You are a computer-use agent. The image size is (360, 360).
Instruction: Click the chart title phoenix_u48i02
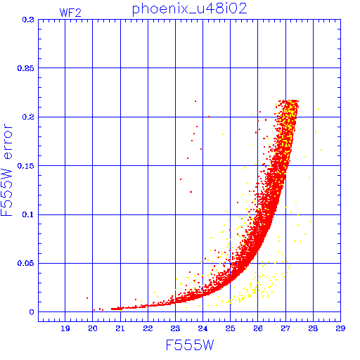tap(190, 9)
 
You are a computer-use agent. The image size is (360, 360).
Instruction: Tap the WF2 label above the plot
tap(70, 13)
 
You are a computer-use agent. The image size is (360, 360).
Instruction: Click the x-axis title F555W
tap(190, 345)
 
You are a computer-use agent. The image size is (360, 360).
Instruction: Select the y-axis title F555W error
tap(6, 170)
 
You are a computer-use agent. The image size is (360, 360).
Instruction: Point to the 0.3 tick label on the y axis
tap(28, 20)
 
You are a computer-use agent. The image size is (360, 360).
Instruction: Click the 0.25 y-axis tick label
tap(26, 68)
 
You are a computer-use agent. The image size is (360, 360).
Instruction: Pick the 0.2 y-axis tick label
tap(28, 117)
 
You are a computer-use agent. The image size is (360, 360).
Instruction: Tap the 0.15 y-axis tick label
tap(26, 166)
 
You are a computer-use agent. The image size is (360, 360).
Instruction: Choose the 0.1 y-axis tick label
tap(28, 214)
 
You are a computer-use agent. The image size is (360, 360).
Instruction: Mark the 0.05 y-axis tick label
tap(26, 263)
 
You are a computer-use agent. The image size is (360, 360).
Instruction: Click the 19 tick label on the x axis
tap(65, 328)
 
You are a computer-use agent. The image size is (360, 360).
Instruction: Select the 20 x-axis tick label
tap(93, 328)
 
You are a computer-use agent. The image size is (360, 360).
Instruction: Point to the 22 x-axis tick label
tap(148, 328)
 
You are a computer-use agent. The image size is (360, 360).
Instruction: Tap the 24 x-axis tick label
tap(202, 328)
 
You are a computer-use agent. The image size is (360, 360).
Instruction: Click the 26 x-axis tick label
tap(258, 328)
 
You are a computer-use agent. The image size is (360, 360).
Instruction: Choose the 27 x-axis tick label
tap(285, 328)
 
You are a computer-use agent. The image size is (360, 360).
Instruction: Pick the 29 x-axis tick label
tap(340, 328)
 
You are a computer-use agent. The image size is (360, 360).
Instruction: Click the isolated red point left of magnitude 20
tap(87, 298)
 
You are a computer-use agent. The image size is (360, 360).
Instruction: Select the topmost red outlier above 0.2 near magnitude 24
tap(195, 101)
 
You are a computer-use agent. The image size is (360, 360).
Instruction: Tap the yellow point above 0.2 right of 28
tap(319, 109)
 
